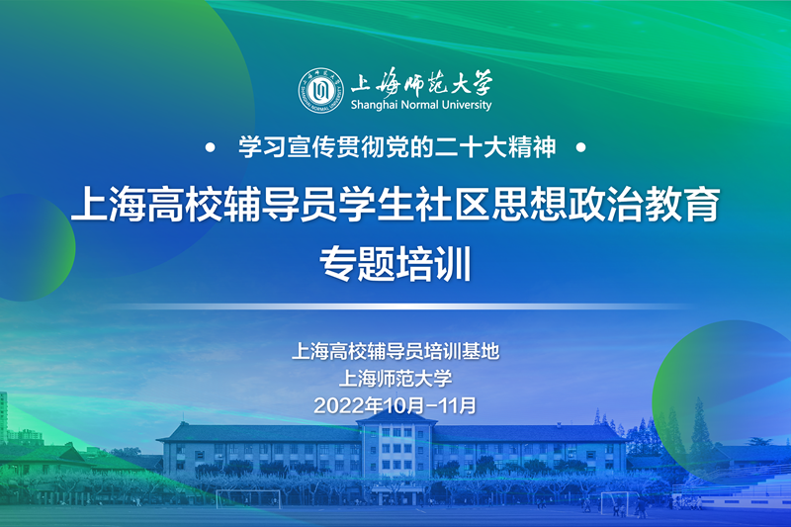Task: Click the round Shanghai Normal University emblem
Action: (320, 90)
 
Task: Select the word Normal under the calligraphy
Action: (419, 105)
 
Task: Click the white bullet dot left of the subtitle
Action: (211, 147)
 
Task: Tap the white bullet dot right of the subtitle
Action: (581, 147)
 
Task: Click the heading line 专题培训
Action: (395, 263)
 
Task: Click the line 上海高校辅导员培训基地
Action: (395, 352)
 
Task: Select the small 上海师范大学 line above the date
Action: (395, 379)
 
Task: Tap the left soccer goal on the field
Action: (248, 498)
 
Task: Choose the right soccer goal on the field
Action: (615, 502)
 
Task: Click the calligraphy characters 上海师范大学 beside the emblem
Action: (421, 83)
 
